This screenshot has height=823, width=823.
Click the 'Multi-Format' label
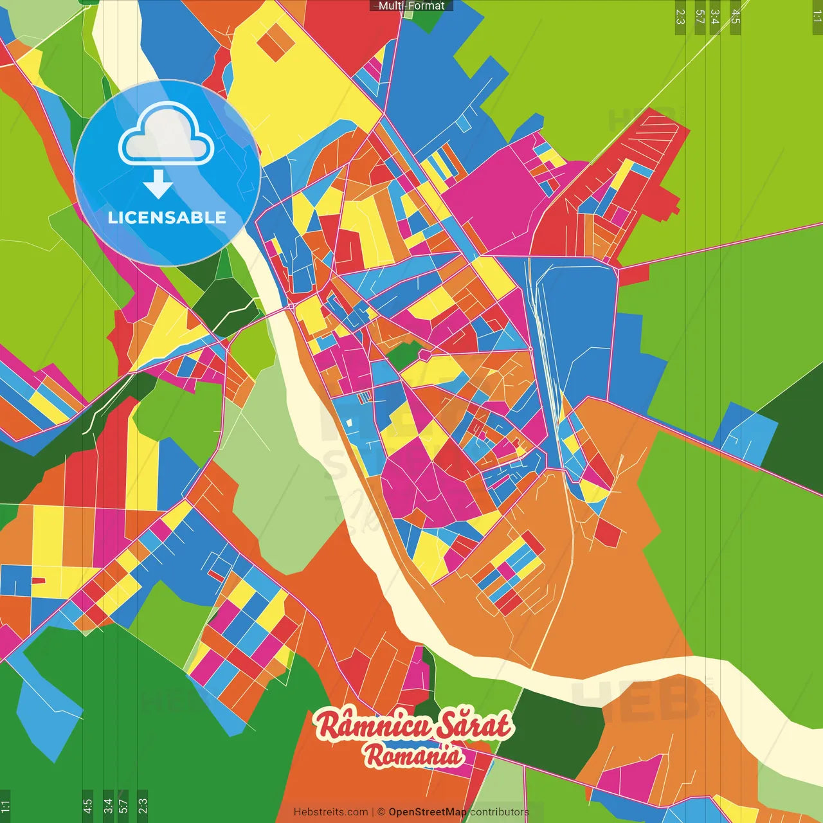(x=411, y=6)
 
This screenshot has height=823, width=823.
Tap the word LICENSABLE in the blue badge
(x=167, y=217)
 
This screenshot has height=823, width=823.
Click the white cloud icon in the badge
(x=167, y=136)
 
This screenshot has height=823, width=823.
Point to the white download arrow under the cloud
(x=158, y=185)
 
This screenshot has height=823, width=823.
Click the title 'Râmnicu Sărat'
(x=413, y=725)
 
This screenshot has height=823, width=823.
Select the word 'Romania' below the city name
(x=413, y=755)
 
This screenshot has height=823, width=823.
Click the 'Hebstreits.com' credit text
(x=330, y=812)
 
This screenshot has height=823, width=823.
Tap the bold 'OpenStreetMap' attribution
(x=427, y=812)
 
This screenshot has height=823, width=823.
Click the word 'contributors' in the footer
(x=500, y=812)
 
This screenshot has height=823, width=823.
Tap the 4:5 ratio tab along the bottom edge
(x=87, y=805)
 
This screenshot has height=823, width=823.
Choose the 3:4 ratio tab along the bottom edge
(x=107, y=805)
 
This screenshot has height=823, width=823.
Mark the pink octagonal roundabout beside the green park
(x=424, y=354)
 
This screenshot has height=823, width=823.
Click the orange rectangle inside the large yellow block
(x=276, y=42)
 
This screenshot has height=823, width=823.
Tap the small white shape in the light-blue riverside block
(x=348, y=423)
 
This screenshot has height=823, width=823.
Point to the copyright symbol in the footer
(x=381, y=812)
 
